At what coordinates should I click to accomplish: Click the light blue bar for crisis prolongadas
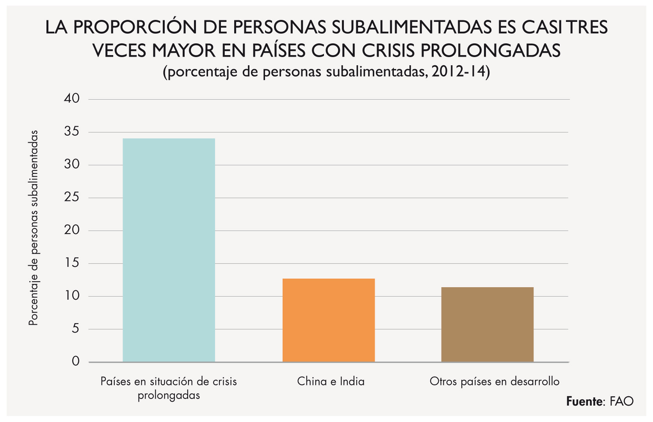tap(169, 250)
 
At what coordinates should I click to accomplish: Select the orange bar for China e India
tap(329, 320)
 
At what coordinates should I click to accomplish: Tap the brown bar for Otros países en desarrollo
tap(487, 325)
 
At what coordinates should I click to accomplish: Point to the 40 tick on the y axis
tap(72, 98)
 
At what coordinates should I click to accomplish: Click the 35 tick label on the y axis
tap(72, 132)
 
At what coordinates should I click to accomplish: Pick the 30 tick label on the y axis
tap(72, 165)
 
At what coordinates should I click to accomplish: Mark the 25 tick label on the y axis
tap(72, 197)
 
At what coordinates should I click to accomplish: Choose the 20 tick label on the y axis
tap(72, 230)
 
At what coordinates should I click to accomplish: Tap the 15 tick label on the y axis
tap(72, 263)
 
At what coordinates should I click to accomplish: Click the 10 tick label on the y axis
tap(72, 296)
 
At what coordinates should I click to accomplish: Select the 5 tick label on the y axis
tap(75, 329)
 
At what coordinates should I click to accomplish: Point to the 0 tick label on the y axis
tap(75, 361)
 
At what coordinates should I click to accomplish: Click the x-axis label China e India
tap(331, 381)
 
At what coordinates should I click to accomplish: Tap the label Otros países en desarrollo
tap(495, 381)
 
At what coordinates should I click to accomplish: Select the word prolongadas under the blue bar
tap(169, 395)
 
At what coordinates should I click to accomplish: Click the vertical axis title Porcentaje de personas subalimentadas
tap(34, 228)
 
